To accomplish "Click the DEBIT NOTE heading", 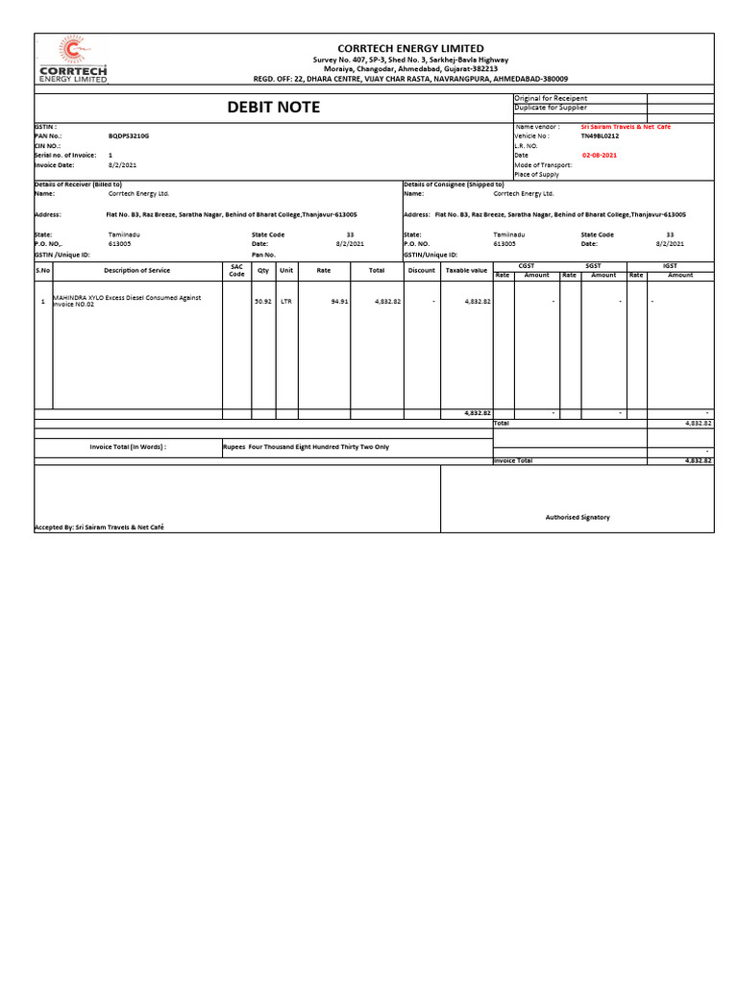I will (273, 108).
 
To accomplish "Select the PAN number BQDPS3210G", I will (130, 136).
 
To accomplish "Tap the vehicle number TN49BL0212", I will (601, 136).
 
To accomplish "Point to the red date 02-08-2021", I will (601, 155).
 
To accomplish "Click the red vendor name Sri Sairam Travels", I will (626, 127).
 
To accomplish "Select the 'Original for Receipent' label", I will (552, 98).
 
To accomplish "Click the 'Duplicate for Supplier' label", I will (552, 108).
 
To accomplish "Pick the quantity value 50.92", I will (262, 301).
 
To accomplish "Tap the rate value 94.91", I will (339, 301).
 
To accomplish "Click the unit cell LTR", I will (286, 301).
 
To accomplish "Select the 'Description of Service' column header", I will (137, 271).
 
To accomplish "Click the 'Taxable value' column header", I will (466, 271).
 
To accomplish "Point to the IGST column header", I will (670, 265).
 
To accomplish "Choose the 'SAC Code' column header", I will (236, 271).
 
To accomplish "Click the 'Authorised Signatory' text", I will (578, 517).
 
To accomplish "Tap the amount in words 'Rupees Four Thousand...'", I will (306, 447).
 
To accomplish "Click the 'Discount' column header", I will (421, 271).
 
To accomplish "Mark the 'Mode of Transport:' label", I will (544, 164).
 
